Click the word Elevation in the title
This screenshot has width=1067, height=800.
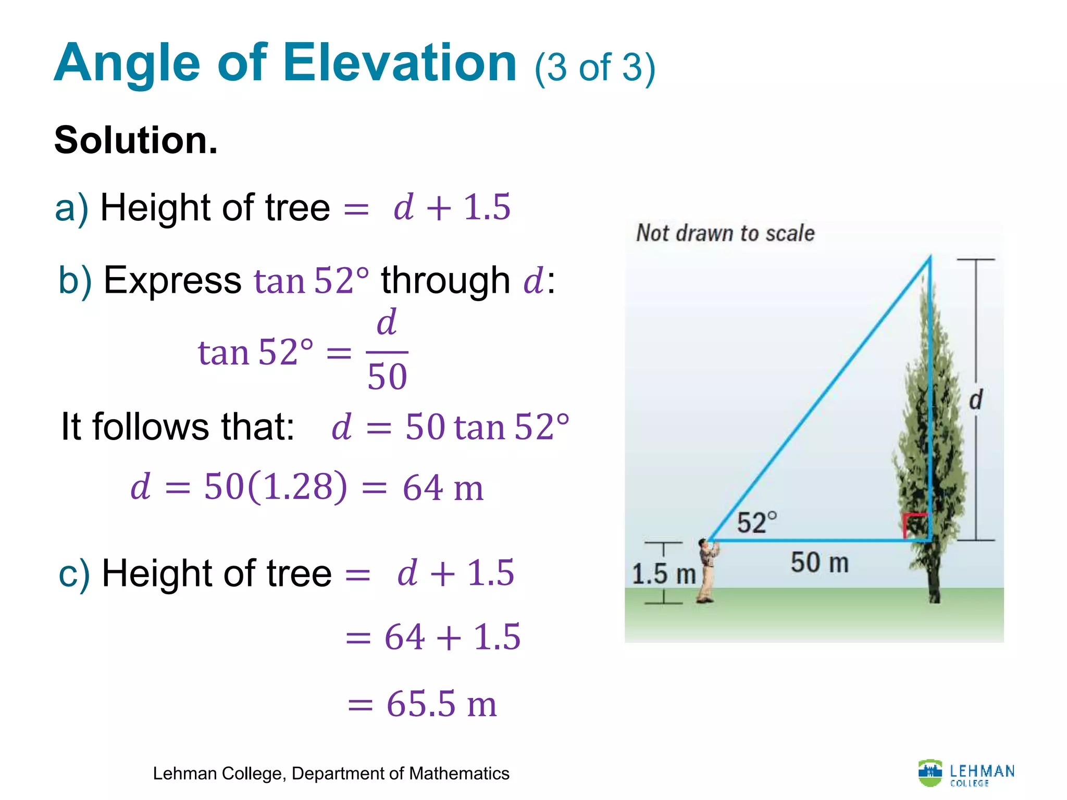point(400,64)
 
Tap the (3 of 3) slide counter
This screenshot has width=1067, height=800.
point(594,68)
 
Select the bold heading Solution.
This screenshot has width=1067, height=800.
point(136,140)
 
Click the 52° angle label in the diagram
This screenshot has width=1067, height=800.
point(756,522)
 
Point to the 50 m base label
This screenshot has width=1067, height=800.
point(820,563)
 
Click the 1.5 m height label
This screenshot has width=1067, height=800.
point(663,574)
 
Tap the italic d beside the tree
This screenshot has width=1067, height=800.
point(975,400)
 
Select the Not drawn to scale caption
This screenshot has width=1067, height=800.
point(725,233)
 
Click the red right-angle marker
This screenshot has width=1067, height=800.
point(914,525)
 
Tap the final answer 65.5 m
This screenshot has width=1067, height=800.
point(441,704)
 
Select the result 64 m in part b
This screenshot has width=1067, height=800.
point(443,488)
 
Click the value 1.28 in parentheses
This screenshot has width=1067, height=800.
point(297,486)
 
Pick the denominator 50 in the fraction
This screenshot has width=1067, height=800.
point(387,377)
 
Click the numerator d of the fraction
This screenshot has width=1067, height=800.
point(387,322)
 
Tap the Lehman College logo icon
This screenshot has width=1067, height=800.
point(930,772)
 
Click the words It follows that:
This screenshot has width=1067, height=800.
point(178,427)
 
